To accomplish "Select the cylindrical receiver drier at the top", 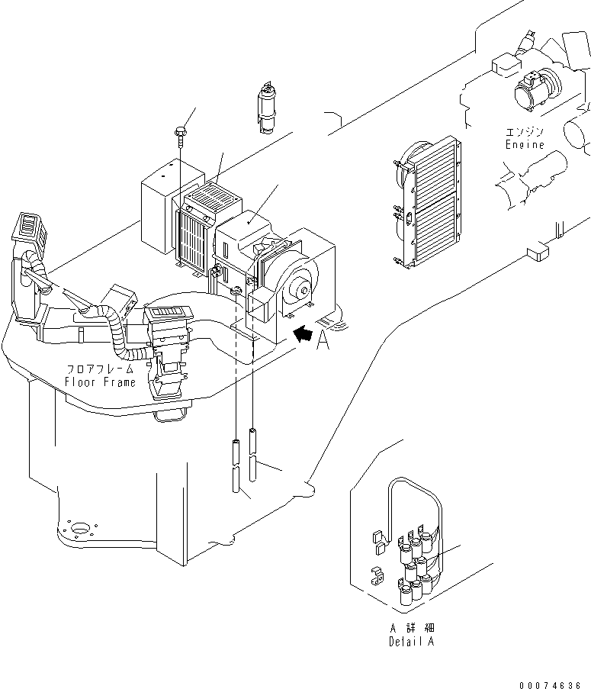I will (x=268, y=108).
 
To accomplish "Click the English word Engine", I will (x=525, y=145).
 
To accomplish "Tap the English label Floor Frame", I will (x=100, y=382).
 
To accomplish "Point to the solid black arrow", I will (x=304, y=333).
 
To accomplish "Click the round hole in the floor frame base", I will (x=79, y=526).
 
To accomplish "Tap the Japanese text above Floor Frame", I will (x=100, y=369).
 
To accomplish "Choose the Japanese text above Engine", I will (x=525, y=131).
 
